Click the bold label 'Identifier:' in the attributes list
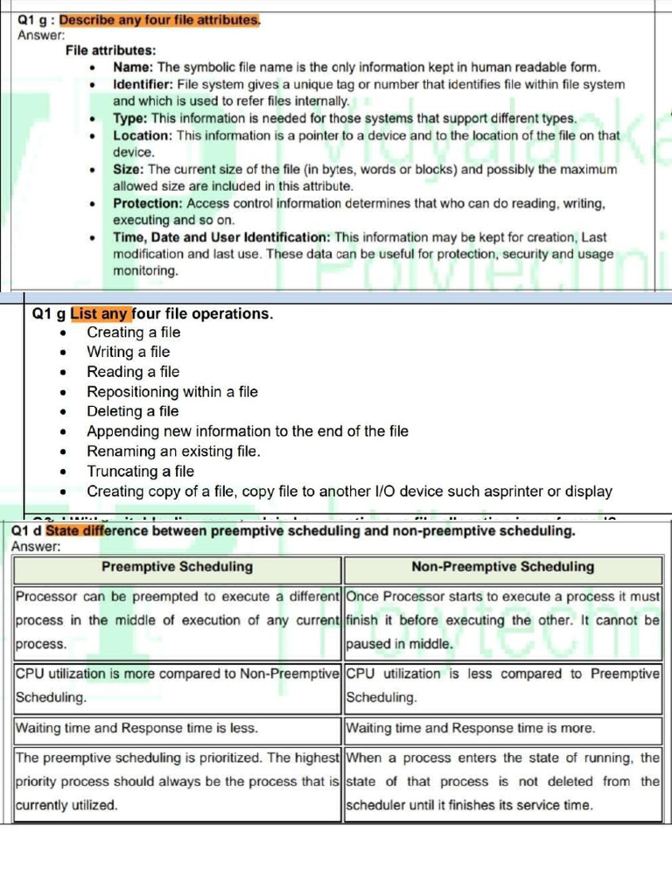click(x=143, y=85)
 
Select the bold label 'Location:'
click(x=143, y=136)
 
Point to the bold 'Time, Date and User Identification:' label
click(x=221, y=237)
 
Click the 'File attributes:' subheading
click(x=111, y=51)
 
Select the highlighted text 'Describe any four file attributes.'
click(x=159, y=20)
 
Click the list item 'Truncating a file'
click(x=140, y=472)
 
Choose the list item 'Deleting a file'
click(x=132, y=411)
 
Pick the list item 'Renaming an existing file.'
click(x=173, y=451)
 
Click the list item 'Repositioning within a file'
click(x=171, y=392)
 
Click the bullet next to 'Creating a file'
click(x=63, y=333)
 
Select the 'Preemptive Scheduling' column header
click(x=177, y=567)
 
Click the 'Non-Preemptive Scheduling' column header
click(x=502, y=567)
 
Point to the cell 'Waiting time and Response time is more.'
click(x=471, y=728)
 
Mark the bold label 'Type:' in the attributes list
click(x=130, y=119)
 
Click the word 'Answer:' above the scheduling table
click(x=36, y=547)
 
